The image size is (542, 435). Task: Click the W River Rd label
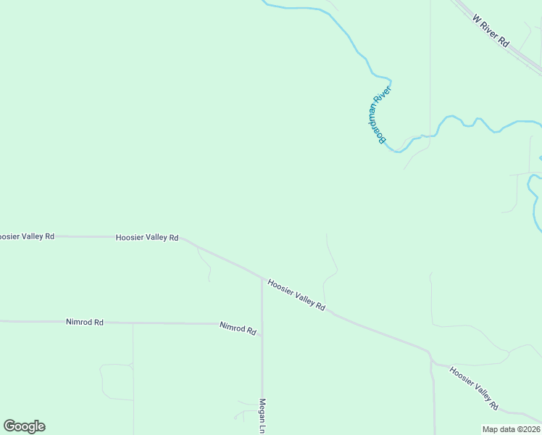pos(491,30)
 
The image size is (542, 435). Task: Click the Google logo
pos(24,426)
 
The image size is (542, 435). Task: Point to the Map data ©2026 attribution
pos(512,429)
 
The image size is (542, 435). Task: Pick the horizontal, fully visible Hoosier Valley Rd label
pos(147,237)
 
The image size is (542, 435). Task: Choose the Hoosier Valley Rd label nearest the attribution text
pos(474,389)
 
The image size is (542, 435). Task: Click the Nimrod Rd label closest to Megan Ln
pos(238,328)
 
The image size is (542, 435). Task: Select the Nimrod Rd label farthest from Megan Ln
pos(85,321)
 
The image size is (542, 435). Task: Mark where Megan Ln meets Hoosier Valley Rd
pos(262,278)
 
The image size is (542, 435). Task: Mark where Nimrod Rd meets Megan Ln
pos(262,324)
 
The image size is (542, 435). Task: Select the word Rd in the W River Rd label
pos(504,43)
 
